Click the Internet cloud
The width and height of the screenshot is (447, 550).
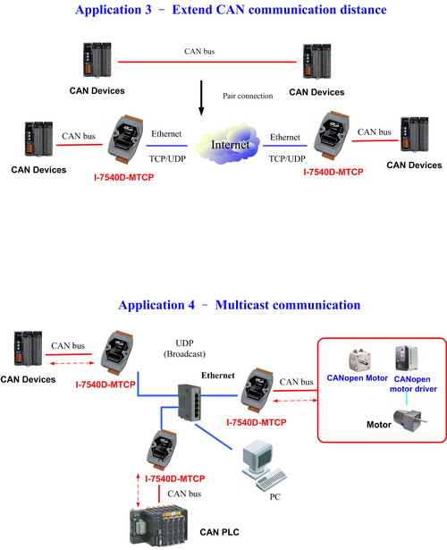click(228, 143)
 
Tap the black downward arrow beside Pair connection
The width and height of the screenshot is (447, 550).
click(201, 97)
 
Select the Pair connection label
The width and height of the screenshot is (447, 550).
click(248, 96)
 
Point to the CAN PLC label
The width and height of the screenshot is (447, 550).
click(219, 532)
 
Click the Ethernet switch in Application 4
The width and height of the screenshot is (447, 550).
click(190, 402)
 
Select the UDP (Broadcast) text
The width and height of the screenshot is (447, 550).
click(184, 348)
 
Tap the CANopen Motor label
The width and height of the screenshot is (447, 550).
click(357, 378)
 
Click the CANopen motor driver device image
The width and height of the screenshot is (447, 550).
click(407, 358)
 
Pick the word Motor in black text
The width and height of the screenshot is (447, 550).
click(379, 425)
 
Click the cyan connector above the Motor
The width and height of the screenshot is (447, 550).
click(407, 399)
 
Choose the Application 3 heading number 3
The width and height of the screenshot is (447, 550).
click(148, 10)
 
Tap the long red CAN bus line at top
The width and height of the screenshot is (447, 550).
click(207, 62)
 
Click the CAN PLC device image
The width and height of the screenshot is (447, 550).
click(158, 526)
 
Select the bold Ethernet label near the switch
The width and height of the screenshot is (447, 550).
click(218, 376)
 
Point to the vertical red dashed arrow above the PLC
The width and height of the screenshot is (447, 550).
click(139, 491)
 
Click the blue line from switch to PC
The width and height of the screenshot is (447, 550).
click(214, 436)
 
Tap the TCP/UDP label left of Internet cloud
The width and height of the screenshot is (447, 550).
click(167, 159)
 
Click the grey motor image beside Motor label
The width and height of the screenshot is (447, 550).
click(410, 419)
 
